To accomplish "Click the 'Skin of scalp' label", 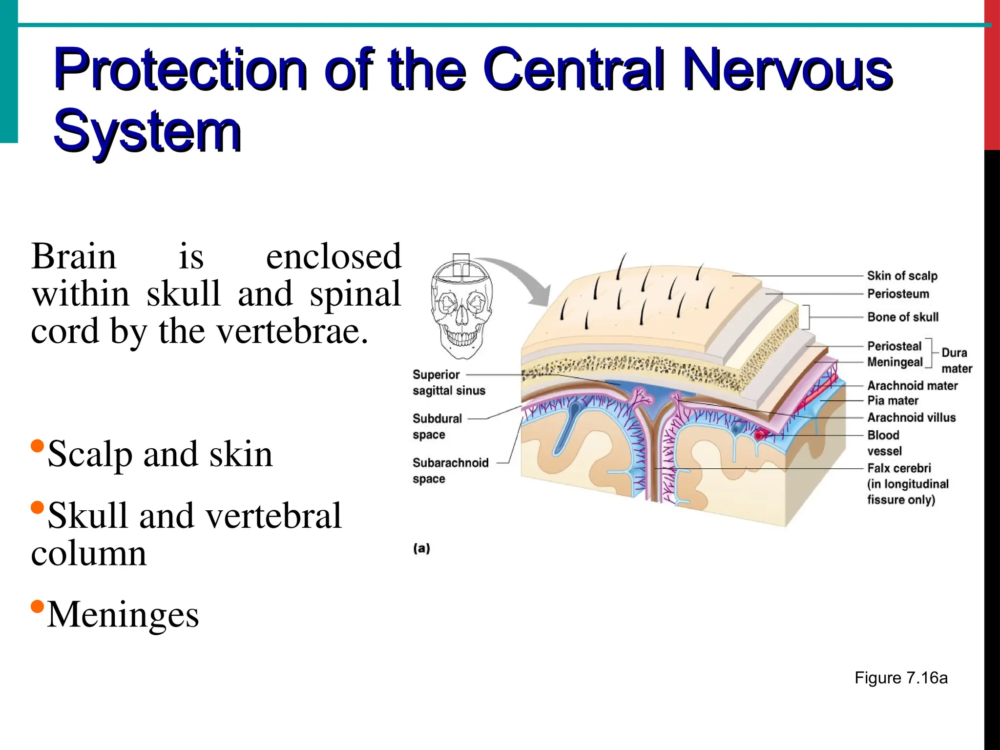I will click(902, 276).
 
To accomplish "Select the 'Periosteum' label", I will click(898, 294).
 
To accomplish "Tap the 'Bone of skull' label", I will click(903, 317).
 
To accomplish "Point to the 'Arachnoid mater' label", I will click(912, 386).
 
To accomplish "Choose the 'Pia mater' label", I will click(893, 401).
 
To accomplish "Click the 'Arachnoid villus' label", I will click(911, 417).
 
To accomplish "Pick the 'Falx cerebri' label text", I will click(899, 468).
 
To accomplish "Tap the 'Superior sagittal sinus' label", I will click(449, 383).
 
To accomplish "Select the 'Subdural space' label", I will click(437, 426).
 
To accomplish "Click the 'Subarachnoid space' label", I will click(450, 471).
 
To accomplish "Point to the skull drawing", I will click(461, 308).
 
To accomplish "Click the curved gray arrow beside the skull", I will click(522, 278).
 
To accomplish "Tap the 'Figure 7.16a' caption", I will click(901, 678).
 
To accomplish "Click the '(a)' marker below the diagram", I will click(421, 548).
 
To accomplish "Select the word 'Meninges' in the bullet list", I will click(123, 614).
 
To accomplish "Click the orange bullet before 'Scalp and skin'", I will click(37, 446).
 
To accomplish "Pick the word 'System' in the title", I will click(147, 131).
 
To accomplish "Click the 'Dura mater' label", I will click(956, 360).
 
